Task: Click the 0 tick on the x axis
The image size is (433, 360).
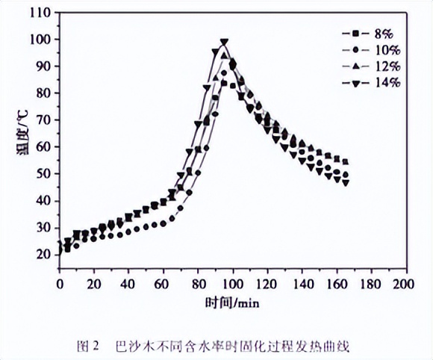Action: [x=60, y=285]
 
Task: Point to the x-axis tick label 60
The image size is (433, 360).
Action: [x=163, y=285]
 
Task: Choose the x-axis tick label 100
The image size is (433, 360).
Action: [x=233, y=285]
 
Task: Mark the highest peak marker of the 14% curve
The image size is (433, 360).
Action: [x=224, y=43]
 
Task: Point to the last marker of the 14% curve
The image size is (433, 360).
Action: [x=346, y=182]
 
